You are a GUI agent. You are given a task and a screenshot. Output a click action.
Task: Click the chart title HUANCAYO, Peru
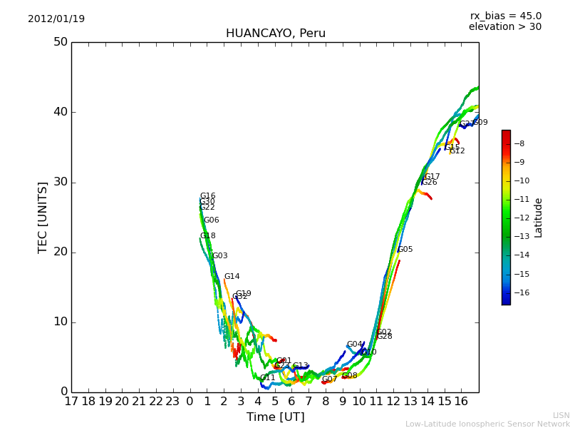coord(276,34)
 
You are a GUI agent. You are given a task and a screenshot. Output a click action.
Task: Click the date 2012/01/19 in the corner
coord(56,19)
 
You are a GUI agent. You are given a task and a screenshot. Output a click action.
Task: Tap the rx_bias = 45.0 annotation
coord(505,16)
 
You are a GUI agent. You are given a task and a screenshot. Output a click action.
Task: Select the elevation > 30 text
coord(505,27)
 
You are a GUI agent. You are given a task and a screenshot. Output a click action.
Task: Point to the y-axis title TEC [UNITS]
coord(43,217)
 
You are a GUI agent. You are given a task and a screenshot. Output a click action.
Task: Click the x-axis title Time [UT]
coord(275,417)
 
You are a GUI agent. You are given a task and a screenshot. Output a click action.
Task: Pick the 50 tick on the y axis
coord(60,42)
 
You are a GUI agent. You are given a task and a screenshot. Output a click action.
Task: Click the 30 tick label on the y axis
coord(60,182)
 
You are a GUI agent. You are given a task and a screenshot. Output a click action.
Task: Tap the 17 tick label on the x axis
coord(71,402)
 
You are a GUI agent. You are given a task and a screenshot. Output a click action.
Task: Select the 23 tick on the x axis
coord(173,402)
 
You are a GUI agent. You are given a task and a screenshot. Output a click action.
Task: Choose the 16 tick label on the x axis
coord(462,402)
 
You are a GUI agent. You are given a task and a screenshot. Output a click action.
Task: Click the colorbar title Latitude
coord(539,218)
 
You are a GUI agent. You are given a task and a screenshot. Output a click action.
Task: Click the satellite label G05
coord(405,250)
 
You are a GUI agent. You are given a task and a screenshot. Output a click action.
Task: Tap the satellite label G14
coord(232,277)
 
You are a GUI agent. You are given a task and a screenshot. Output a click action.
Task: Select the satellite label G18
coord(207,236)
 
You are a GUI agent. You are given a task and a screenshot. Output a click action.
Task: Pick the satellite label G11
coord(267,378)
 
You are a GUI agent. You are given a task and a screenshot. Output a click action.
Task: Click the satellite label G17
coord(432,177)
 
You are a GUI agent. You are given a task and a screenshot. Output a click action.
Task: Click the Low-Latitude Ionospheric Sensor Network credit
coord(487,424)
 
